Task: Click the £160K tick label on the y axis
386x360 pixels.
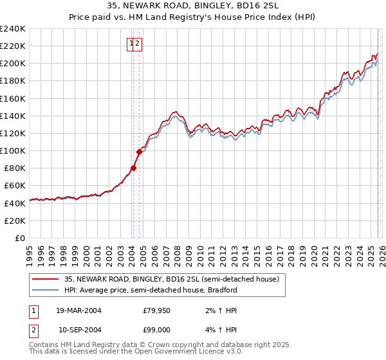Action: coord(13,98)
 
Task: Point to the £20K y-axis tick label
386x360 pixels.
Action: coord(15,221)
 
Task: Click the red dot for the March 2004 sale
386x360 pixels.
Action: coord(133,168)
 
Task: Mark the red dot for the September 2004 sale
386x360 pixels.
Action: coord(139,152)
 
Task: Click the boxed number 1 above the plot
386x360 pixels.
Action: coord(132,44)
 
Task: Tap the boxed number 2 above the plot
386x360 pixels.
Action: coord(138,44)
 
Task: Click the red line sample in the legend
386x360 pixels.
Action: coord(46,280)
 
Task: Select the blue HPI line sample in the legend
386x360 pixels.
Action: coord(46,290)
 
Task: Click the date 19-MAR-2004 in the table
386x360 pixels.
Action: coord(78,310)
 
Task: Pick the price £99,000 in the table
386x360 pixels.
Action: coord(156,330)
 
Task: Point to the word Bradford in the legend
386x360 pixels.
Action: coord(222,290)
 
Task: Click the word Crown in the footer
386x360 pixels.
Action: coord(168,345)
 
